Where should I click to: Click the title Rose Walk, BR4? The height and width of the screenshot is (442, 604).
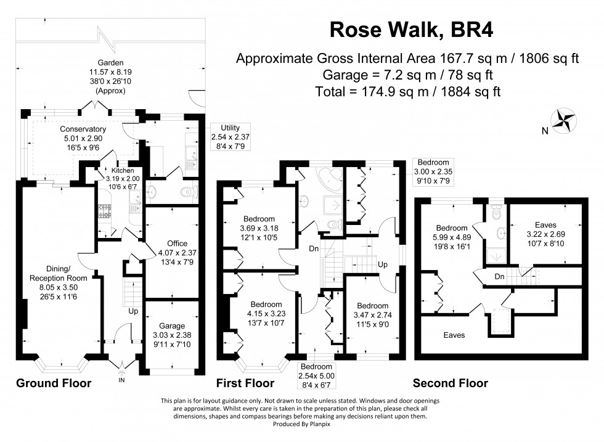point(411,28)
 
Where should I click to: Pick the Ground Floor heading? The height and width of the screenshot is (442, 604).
point(53,383)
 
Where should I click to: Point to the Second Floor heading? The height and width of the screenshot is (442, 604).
point(450,383)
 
